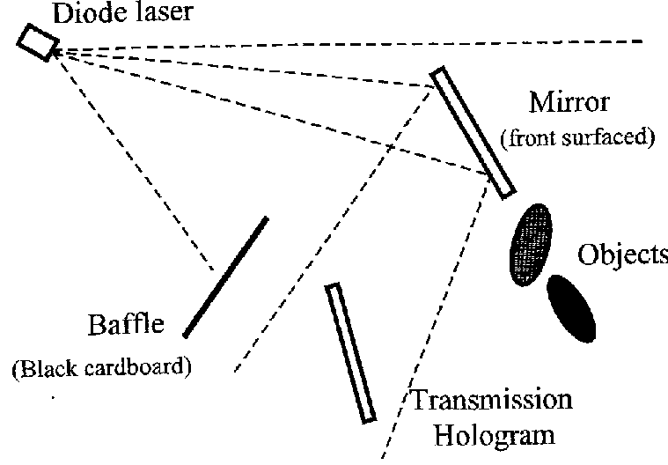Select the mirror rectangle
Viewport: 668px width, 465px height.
pos(473,132)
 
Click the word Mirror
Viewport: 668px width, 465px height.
pos(568,102)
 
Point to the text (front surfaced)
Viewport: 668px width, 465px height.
pos(576,137)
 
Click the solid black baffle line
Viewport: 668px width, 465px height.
pos(225,276)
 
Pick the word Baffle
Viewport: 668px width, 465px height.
pos(126,325)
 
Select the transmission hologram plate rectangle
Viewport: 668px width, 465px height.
pos(350,352)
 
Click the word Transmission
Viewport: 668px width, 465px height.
pos(491,402)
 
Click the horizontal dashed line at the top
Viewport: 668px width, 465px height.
pos(352,41)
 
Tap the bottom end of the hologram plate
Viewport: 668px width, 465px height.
pos(369,417)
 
